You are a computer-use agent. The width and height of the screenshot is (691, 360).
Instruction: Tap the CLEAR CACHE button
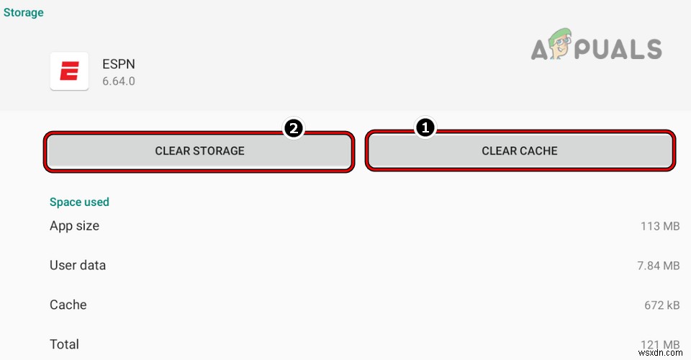click(x=520, y=151)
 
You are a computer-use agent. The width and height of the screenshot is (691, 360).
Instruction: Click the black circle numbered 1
click(x=425, y=128)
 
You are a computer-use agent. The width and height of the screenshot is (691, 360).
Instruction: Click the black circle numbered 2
click(x=293, y=129)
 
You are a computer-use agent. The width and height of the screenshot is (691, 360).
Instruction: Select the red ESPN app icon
click(x=69, y=71)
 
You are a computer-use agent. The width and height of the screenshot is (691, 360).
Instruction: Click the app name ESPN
click(x=119, y=63)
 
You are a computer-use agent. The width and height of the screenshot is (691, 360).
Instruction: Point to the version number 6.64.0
click(x=119, y=81)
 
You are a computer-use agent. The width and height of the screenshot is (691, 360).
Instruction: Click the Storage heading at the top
click(x=23, y=12)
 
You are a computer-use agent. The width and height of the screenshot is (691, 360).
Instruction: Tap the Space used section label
click(x=79, y=202)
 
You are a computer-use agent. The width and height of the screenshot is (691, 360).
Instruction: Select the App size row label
click(x=74, y=226)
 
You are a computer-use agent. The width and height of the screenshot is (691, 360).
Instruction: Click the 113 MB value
click(x=660, y=227)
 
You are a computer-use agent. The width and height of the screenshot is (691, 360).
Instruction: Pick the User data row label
click(x=78, y=266)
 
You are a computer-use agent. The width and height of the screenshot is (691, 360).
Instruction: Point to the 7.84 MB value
click(x=658, y=266)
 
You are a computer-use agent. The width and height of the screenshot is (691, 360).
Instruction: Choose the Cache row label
click(x=68, y=305)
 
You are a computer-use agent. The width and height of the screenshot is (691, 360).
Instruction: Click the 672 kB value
click(x=661, y=306)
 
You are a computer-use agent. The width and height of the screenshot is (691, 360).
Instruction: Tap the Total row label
click(x=64, y=344)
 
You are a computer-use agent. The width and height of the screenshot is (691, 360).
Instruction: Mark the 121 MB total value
click(x=660, y=345)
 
